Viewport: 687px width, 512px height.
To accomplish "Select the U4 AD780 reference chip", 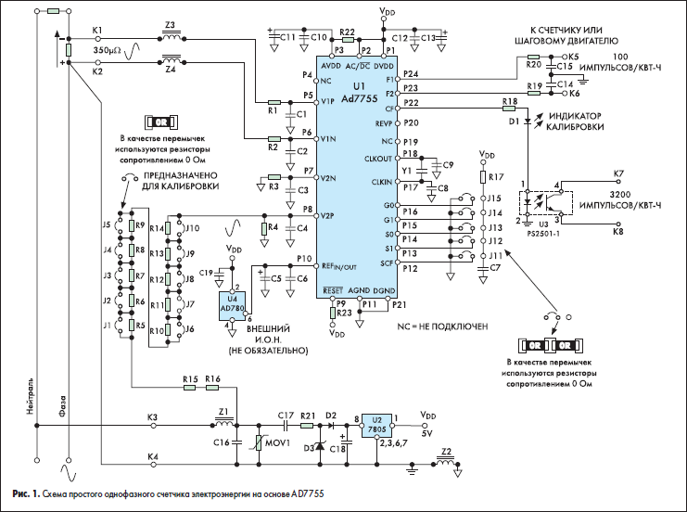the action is pyautogui.click(x=232, y=305).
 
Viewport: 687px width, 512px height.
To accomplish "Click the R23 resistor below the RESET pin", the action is pyautogui.click(x=333, y=313).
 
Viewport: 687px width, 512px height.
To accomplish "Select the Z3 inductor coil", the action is pyautogui.click(x=171, y=37).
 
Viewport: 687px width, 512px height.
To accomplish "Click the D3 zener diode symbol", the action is pyautogui.click(x=320, y=445).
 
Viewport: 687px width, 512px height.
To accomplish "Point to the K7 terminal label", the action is pyautogui.click(x=618, y=173).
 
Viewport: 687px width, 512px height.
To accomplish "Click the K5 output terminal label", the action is pyautogui.click(x=574, y=57).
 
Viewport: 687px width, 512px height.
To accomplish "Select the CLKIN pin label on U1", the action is pyautogui.click(x=382, y=182).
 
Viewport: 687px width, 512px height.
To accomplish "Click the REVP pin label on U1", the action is pyautogui.click(x=384, y=123).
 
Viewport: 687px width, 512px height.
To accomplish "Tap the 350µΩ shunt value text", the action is pyautogui.click(x=107, y=50).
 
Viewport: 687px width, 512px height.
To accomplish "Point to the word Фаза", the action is pyautogui.click(x=62, y=405).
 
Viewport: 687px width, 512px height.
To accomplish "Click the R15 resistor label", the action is pyautogui.click(x=190, y=378).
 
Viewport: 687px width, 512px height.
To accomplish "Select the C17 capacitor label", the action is pyautogui.click(x=286, y=415).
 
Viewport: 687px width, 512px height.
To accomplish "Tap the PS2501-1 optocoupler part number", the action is pyautogui.click(x=543, y=234).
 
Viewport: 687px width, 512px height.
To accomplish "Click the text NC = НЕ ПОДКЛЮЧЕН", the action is pyautogui.click(x=442, y=326).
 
